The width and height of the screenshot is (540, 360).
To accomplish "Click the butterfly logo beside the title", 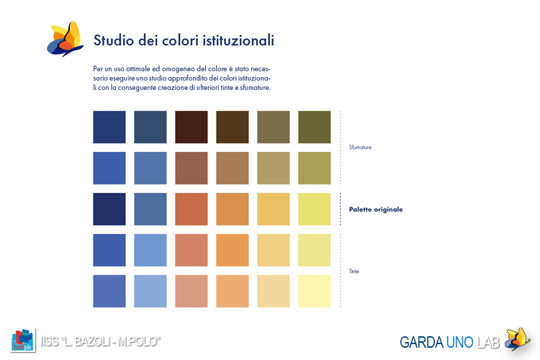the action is click(65, 39).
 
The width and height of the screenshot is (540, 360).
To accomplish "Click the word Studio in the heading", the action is click(114, 40).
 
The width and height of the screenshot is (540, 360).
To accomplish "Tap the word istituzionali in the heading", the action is click(238, 40).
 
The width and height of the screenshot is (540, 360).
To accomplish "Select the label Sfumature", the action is click(360, 147).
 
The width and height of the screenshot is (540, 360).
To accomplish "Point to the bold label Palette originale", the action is click(376, 210).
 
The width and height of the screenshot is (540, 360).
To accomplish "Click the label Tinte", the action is click(354, 271).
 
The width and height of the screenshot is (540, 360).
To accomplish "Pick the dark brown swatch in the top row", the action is click(192, 127).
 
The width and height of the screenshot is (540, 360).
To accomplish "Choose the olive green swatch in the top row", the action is click(315, 127).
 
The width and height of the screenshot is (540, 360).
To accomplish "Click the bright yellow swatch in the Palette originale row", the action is click(315, 209).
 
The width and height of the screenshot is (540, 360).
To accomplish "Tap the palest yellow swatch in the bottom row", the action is click(315, 291).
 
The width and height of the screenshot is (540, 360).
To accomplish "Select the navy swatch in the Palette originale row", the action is click(109, 209).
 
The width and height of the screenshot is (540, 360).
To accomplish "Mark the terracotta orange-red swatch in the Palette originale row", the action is click(192, 209).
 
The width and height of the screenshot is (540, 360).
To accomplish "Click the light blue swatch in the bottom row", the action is click(150, 291).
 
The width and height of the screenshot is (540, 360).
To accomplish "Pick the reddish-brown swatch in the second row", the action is click(192, 168).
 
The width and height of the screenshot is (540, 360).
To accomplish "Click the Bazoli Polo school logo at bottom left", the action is click(23, 340).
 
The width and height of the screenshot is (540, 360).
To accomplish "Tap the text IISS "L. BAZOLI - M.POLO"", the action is click(101, 341).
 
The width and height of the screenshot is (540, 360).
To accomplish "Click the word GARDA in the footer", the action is click(421, 343).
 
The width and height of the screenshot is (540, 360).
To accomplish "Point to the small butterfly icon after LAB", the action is click(517, 339).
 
